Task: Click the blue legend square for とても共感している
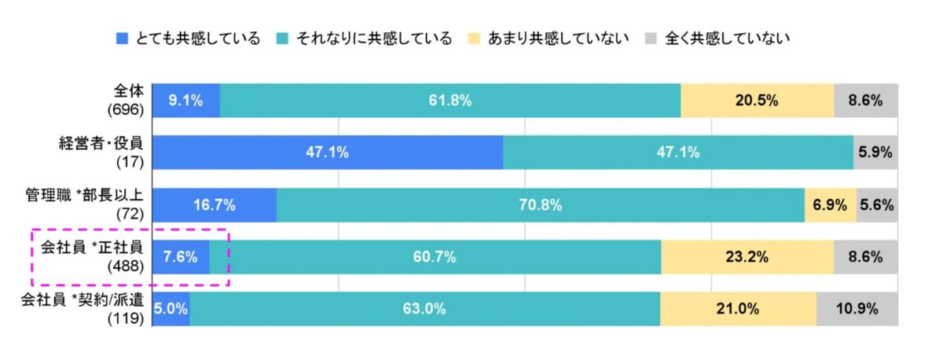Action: pos(121,38)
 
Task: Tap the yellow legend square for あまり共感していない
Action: pos(474,38)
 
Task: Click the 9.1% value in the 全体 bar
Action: pos(185,100)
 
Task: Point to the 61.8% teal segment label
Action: pos(450,100)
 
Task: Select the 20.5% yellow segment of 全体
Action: pos(757,100)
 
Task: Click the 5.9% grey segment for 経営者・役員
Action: pos(875,152)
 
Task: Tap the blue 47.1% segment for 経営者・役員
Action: pos(327,152)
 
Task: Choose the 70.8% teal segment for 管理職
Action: pos(541,205)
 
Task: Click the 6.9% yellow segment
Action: pos(829,205)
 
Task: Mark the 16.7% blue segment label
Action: pos(214,205)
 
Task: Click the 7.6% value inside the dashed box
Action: pos(180,257)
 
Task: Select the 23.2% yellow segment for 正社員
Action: pos(747,257)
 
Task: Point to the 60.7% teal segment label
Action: pos(435,257)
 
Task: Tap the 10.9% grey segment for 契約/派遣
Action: pos(857,309)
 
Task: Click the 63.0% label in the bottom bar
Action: pos(424,309)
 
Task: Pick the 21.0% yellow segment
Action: pos(737,309)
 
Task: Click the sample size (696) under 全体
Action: pos(126,109)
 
